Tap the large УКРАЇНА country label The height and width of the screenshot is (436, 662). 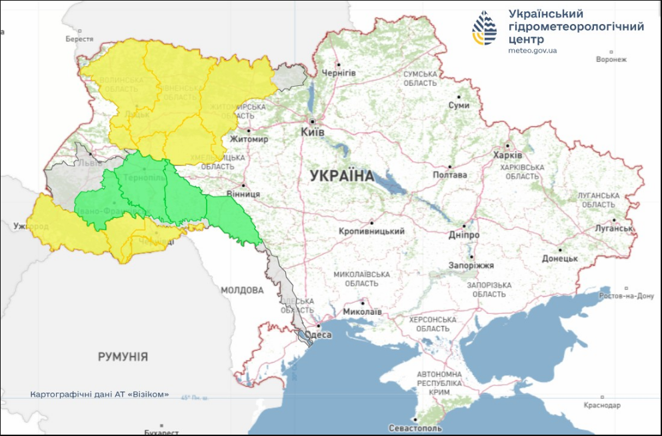tap(342, 177)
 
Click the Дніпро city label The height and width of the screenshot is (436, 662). tap(464, 235)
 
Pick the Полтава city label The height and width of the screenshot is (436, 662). tap(449, 176)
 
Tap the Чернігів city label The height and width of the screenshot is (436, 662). tap(339, 72)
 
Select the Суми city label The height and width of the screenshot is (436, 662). tap(459, 105)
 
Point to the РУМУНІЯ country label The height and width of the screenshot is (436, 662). tap(123, 357)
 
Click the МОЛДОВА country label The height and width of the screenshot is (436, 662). tap(242, 291)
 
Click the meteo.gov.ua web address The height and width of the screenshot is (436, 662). tap(532, 50)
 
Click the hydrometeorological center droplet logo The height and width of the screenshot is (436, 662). tap(485, 27)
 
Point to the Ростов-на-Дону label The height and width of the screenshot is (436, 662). tap(627, 296)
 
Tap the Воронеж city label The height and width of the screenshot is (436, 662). tap(611, 59)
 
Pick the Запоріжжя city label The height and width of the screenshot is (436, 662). tap(471, 265)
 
